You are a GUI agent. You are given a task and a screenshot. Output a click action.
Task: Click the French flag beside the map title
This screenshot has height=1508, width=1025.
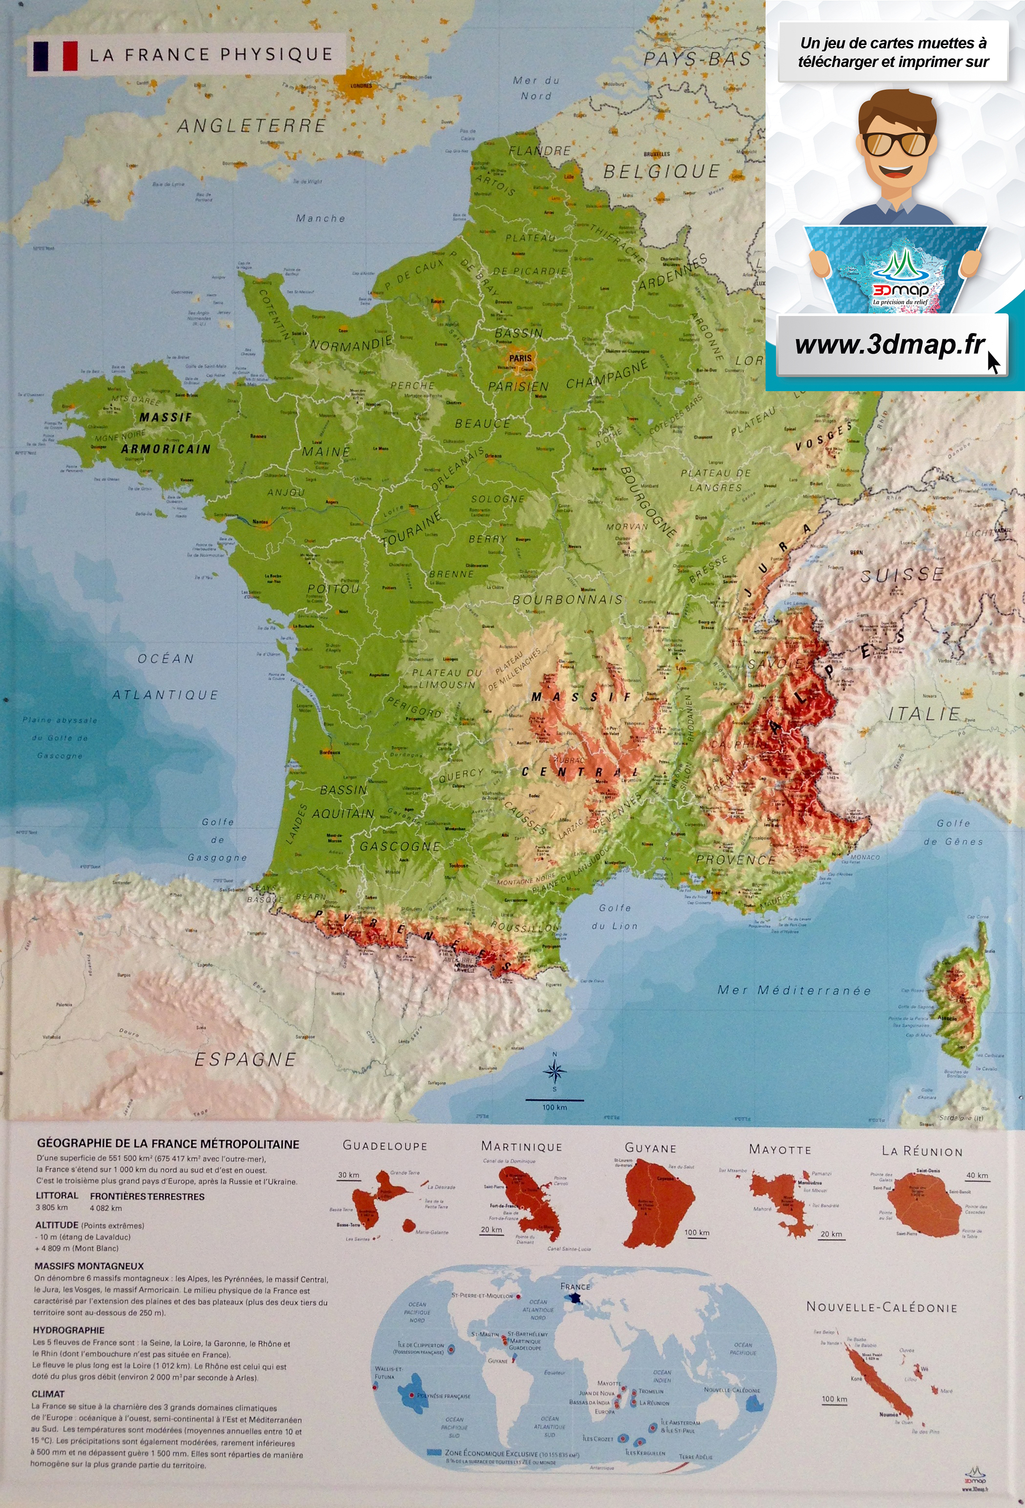pos(55,56)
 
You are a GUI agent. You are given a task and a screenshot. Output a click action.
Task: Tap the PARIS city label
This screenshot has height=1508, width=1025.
pos(520,357)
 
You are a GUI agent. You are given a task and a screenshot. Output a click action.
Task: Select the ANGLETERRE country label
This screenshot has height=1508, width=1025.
pos(251,125)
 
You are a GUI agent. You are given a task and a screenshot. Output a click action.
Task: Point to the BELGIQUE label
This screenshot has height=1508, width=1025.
pos(662,171)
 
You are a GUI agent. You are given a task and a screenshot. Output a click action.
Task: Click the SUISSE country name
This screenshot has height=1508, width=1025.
pos(902,574)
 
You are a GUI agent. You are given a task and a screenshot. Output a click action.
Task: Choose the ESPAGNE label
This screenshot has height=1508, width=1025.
pos(245,1059)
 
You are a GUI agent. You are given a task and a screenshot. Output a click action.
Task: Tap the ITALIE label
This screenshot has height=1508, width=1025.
pos(924,714)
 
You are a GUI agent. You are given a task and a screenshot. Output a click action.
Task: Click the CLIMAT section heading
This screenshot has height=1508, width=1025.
pos(48,1393)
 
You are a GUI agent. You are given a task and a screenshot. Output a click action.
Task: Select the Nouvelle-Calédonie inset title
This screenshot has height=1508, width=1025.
pos(881,1306)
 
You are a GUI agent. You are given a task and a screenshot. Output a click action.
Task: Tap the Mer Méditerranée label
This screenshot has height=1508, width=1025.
pos(794,990)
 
